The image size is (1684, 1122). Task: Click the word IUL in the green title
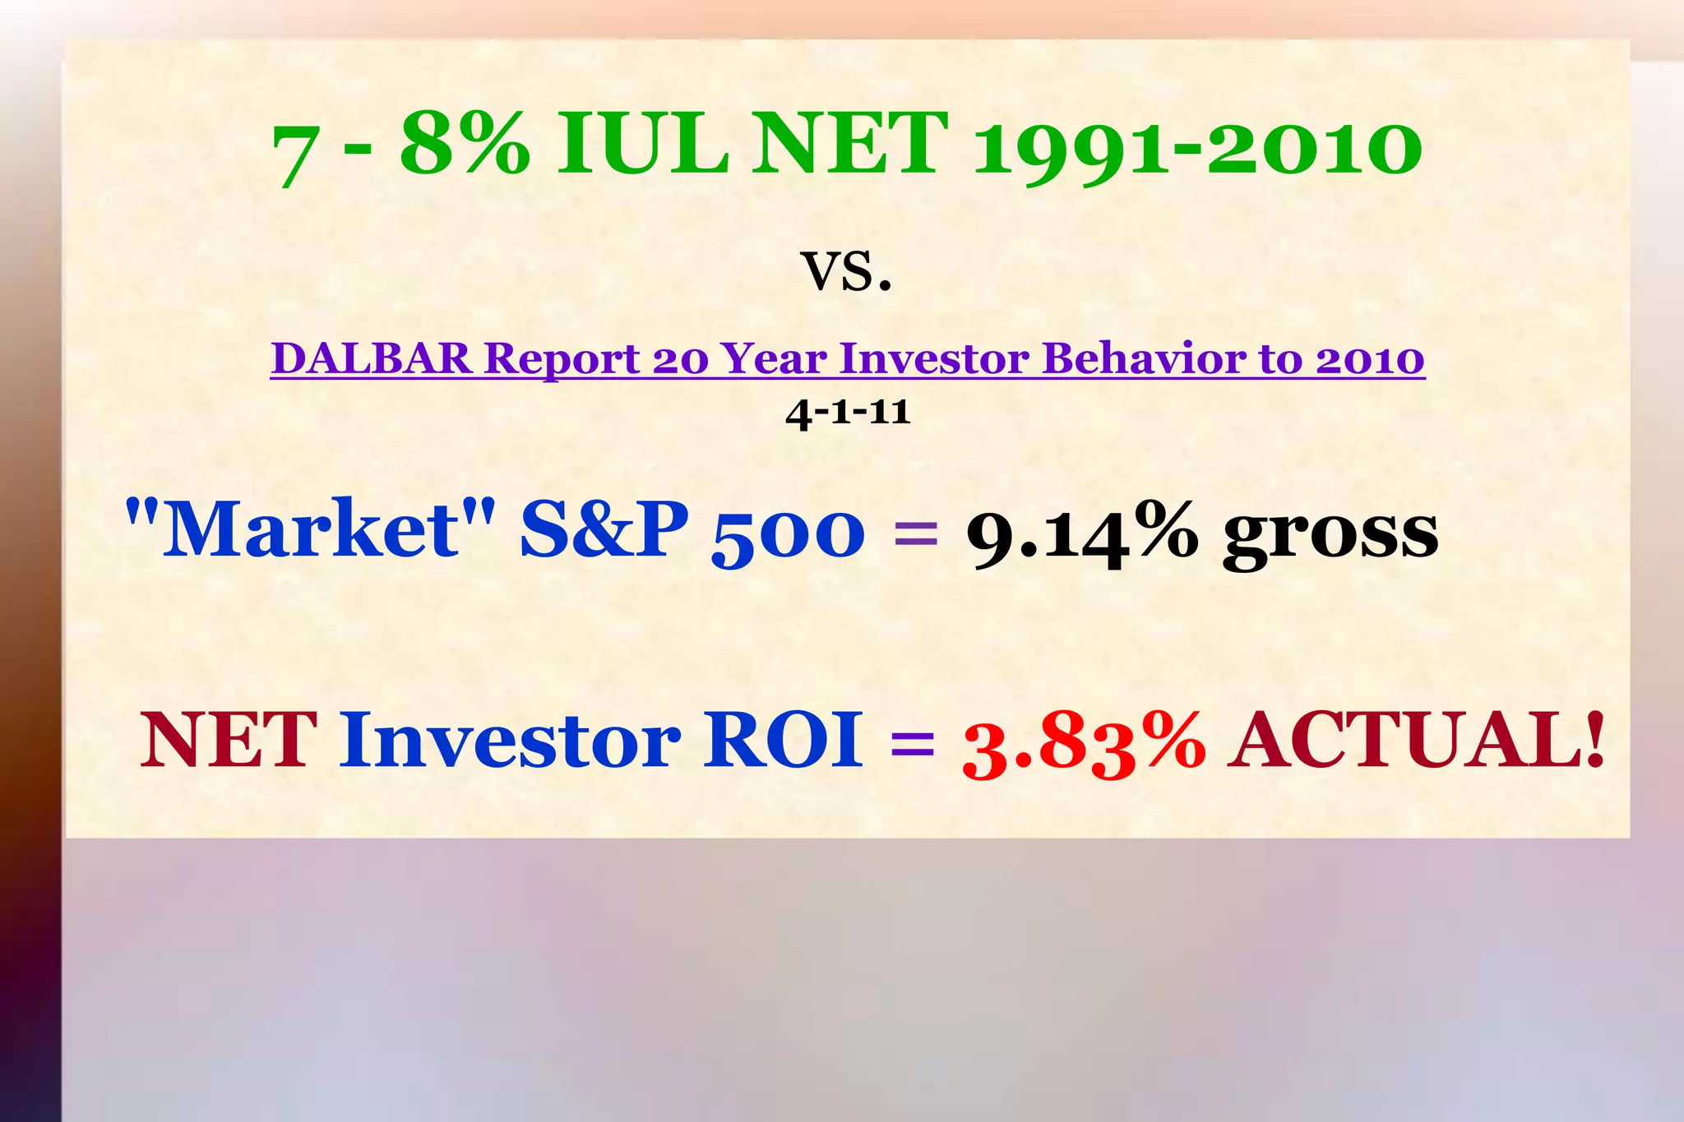click(x=642, y=145)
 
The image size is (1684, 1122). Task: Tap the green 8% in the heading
click(x=465, y=145)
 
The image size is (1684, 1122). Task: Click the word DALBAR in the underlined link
click(x=372, y=358)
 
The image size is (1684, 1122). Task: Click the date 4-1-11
click(x=848, y=411)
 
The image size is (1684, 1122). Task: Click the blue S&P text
click(x=604, y=529)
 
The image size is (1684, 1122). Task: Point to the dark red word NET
click(x=229, y=740)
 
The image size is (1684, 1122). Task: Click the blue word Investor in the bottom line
click(x=510, y=740)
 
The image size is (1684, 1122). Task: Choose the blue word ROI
click(x=783, y=740)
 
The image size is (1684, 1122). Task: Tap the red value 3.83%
click(x=1084, y=743)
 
